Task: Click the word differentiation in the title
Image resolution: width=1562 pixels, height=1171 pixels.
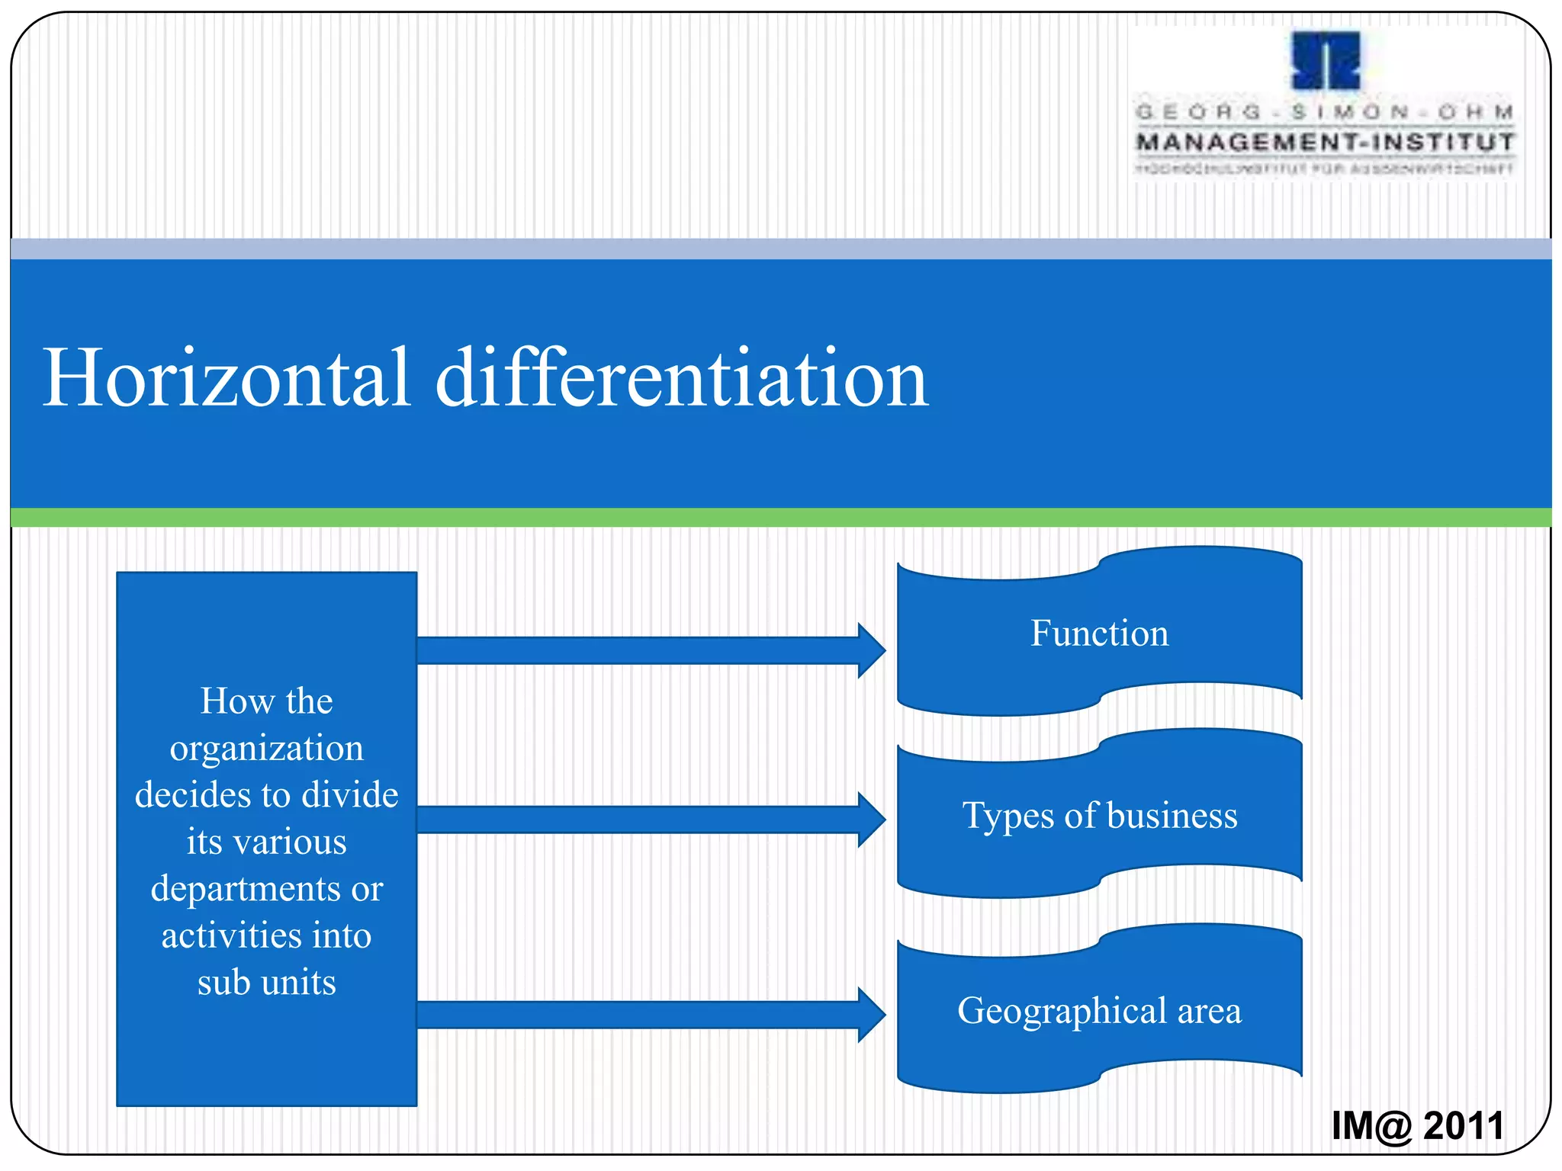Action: pos(681,377)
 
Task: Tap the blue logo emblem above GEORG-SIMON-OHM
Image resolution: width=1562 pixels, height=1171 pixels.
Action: pos(1326,61)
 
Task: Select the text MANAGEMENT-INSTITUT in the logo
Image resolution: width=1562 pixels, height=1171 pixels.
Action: pos(1326,143)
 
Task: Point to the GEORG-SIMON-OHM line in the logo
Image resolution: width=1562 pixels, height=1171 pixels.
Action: pos(1326,113)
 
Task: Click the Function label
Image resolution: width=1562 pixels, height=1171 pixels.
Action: pos(1099,634)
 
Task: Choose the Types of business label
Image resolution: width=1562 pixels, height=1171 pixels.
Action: pos(1099,816)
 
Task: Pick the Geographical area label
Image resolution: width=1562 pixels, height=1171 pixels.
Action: pos(1099,1011)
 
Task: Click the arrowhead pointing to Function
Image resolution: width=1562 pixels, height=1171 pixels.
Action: pos(871,650)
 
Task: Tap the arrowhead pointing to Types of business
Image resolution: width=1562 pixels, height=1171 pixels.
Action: pos(871,820)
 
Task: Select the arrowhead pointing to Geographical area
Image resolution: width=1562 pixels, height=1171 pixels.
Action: pos(871,1015)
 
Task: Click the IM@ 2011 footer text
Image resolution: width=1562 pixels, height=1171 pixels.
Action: pos(1417,1125)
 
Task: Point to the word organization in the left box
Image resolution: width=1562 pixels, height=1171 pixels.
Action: pos(266,749)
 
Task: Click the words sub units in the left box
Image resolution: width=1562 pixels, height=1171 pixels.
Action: pos(266,983)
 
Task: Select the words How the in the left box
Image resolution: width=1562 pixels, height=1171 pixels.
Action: pos(266,701)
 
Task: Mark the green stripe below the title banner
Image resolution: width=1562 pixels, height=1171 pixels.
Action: pos(781,518)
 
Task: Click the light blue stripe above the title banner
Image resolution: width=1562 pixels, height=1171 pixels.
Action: pos(781,249)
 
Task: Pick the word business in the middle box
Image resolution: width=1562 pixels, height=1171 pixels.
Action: pos(1171,816)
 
